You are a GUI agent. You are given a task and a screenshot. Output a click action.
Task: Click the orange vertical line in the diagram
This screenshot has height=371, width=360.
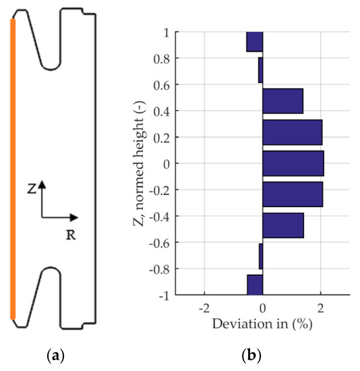click(x=13, y=169)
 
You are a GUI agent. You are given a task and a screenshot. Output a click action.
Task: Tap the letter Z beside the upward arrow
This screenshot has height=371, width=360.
click(x=32, y=190)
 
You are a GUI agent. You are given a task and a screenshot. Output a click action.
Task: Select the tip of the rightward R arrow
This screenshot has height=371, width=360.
click(x=78, y=217)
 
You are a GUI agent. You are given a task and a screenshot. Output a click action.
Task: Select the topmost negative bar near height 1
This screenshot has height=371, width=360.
click(x=254, y=42)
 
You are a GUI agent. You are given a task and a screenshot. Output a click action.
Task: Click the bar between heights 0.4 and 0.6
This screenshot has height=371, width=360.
click(x=282, y=101)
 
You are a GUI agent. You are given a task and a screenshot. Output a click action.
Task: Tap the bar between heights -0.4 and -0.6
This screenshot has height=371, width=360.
click(x=282, y=225)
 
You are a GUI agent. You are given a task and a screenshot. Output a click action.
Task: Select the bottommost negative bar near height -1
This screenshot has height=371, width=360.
click(x=254, y=285)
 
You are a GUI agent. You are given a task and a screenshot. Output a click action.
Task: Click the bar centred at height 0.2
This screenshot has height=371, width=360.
click(x=292, y=132)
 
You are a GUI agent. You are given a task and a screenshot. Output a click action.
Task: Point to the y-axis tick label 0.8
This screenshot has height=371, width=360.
click(x=161, y=59)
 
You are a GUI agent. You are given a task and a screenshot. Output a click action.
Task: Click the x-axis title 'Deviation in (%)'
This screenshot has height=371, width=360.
click(x=262, y=324)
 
